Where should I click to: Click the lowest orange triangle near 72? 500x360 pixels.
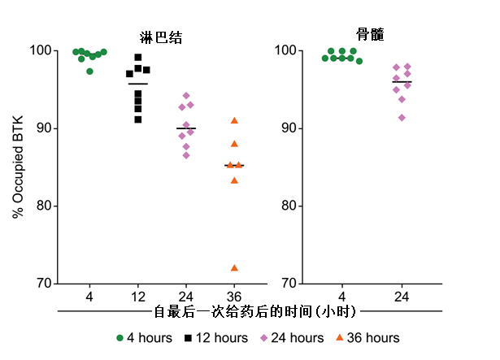click(x=234, y=267)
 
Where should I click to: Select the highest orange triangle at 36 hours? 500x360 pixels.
click(x=234, y=120)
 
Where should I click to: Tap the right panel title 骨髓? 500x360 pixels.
click(x=370, y=35)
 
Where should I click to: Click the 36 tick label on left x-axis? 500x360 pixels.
click(x=234, y=295)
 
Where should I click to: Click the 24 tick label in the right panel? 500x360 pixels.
click(x=402, y=295)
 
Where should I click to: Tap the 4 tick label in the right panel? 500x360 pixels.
click(x=342, y=295)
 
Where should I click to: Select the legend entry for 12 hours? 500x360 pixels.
click(x=217, y=337)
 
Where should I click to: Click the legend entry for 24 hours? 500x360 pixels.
click(x=292, y=337)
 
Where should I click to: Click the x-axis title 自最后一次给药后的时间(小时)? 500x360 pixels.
click(x=255, y=311)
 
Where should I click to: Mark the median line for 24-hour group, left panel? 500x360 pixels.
click(x=186, y=128)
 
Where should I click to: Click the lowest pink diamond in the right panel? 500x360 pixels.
click(x=402, y=118)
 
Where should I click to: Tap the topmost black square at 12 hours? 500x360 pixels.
click(x=138, y=57)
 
